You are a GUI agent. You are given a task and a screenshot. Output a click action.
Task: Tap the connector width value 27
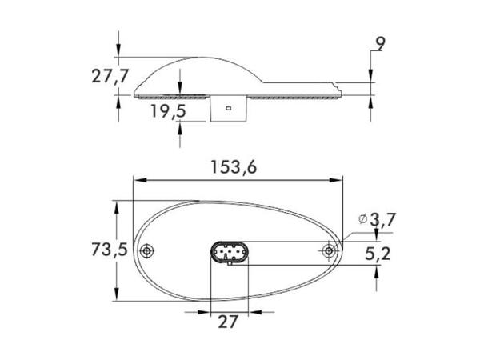coord(229,322)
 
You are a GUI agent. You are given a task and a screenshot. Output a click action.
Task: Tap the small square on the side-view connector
coord(229,107)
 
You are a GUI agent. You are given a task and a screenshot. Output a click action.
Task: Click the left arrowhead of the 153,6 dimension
coord(138,180)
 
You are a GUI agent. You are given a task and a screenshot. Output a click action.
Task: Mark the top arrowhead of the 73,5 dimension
coord(118,205)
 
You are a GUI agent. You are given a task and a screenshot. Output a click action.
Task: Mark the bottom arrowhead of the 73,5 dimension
coord(118,297)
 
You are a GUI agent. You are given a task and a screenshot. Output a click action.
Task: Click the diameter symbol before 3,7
coord(364,218)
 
